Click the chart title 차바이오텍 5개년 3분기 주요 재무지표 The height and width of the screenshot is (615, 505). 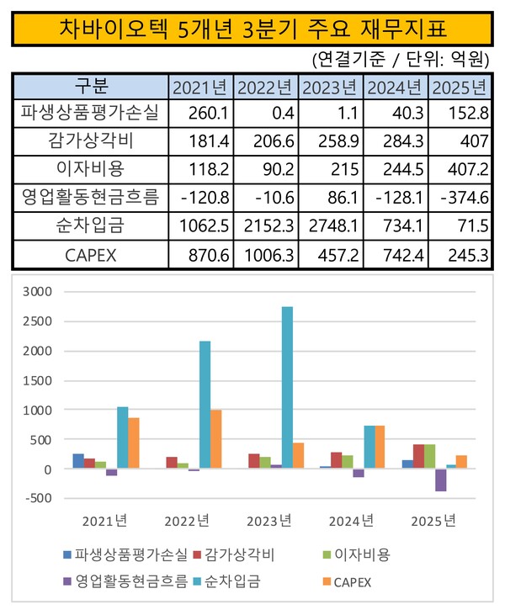pos(252,29)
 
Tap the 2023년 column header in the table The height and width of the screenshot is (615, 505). pos(330,88)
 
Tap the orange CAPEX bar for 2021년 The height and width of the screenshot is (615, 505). pos(133,443)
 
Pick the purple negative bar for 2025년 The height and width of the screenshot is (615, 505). pos(440,480)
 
